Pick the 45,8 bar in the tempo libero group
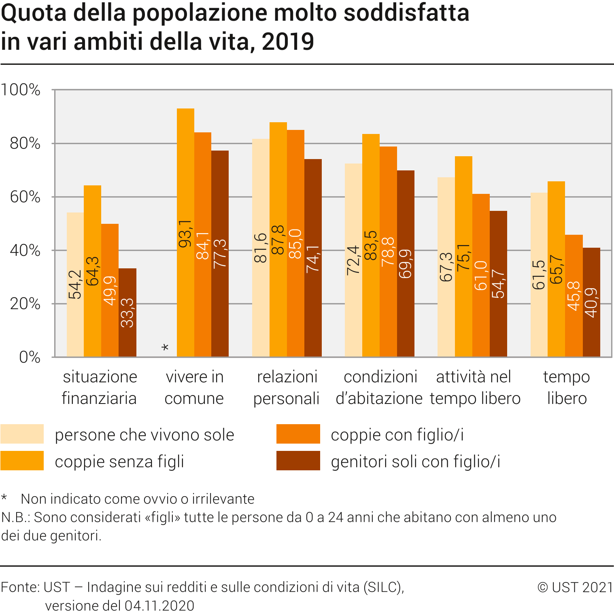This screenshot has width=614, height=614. [574, 296]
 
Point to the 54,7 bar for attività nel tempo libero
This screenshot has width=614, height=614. [498, 284]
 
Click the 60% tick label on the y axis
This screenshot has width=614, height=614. [25, 197]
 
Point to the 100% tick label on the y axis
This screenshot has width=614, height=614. [21, 90]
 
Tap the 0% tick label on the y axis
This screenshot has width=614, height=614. [30, 357]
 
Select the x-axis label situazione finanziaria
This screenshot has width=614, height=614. [100, 387]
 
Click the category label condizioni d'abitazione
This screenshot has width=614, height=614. [380, 387]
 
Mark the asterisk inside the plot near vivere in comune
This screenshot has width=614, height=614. [165, 348]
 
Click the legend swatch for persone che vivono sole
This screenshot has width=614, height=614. [22, 434]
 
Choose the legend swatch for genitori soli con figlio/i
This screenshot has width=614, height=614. [298, 461]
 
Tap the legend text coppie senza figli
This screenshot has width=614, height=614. [119, 461]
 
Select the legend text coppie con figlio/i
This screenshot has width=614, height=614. [397, 435]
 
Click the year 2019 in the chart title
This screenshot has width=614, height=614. [288, 42]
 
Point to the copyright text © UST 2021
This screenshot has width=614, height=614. [575, 587]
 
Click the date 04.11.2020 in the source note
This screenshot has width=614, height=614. [159, 606]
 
